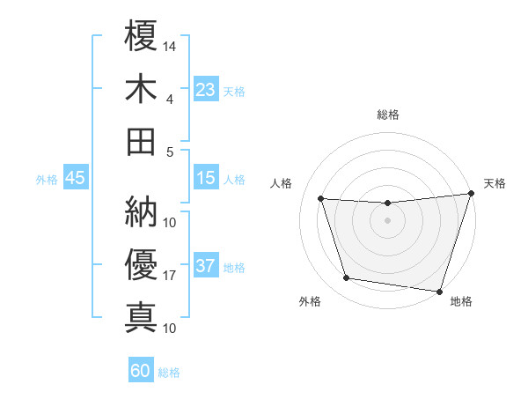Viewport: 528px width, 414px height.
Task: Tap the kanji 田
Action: pyautogui.click(x=141, y=141)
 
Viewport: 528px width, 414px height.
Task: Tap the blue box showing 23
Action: pyautogui.click(x=206, y=90)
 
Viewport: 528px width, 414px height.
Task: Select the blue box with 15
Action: pyautogui.click(x=206, y=179)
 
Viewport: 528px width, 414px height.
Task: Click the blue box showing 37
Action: pyautogui.click(x=206, y=267)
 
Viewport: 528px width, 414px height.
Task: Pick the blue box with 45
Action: pyautogui.click(x=76, y=179)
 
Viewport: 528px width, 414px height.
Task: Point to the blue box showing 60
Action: pyautogui.click(x=141, y=372)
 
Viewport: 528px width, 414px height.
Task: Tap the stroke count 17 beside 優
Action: pyautogui.click(x=170, y=276)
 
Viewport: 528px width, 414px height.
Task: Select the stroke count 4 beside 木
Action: pyautogui.click(x=170, y=99)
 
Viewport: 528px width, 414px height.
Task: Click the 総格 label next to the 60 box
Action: pyautogui.click(x=170, y=373)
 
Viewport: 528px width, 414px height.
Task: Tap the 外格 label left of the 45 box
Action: pyautogui.click(x=47, y=180)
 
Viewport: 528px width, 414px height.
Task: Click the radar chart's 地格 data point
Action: pyautogui.click(x=439, y=291)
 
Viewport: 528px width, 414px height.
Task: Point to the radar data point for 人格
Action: pyautogui.click(x=321, y=199)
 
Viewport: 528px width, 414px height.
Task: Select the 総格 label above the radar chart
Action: pyautogui.click(x=388, y=115)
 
